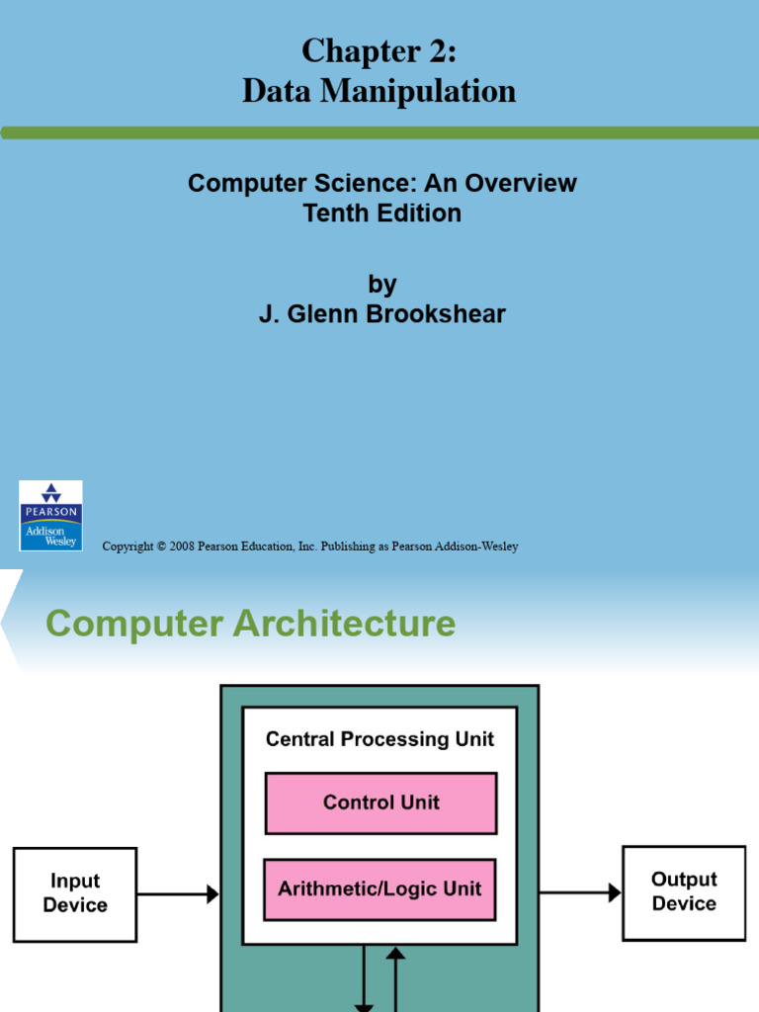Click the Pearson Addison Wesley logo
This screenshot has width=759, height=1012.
(50, 515)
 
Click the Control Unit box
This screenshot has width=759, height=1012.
(380, 802)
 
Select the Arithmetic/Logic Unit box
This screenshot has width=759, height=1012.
(380, 888)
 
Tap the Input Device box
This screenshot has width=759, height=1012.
(75, 892)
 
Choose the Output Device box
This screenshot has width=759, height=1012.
(684, 891)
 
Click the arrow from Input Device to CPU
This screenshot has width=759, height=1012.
(178, 893)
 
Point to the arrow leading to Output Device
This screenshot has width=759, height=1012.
(580, 892)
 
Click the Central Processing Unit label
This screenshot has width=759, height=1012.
(380, 739)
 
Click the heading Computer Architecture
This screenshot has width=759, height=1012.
(251, 624)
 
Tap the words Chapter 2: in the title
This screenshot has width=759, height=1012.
(379, 50)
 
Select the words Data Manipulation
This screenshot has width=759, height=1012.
(379, 91)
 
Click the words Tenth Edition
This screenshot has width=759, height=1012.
(381, 212)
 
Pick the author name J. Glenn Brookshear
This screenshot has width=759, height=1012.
(381, 314)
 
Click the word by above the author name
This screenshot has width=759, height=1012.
(381, 285)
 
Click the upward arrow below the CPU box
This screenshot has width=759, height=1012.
(396, 978)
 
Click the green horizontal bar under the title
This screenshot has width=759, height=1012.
(379, 132)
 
